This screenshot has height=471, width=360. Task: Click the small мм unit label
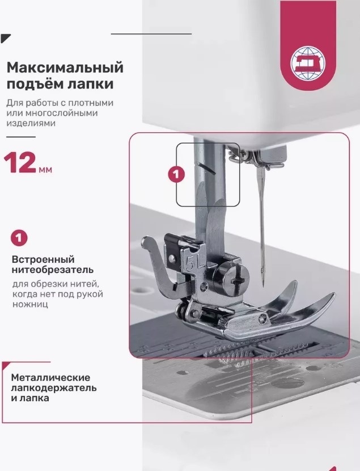click(45, 170)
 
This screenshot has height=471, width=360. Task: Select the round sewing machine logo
click(308, 63)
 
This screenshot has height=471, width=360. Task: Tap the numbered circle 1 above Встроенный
click(19, 238)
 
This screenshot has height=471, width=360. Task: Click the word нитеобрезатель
click(53, 270)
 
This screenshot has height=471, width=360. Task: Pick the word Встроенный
click(43, 259)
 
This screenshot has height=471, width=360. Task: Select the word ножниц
click(30, 304)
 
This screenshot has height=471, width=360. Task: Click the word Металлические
click(50, 377)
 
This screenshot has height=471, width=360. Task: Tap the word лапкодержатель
click(54, 388)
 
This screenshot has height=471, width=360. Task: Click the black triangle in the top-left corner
click(6, 38)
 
